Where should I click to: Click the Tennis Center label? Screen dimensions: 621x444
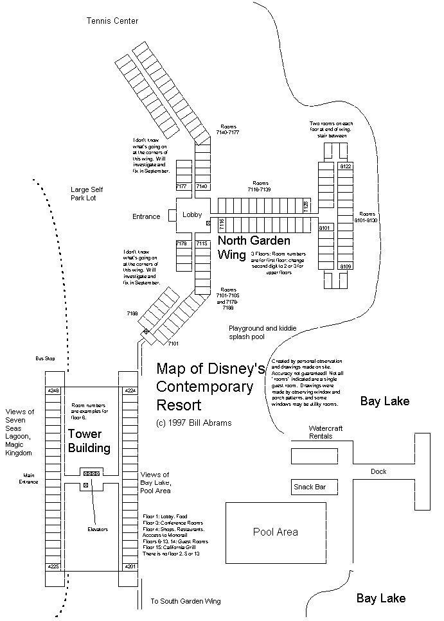112,21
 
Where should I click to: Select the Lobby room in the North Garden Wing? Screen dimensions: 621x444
191,214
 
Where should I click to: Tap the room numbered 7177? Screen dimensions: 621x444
183,186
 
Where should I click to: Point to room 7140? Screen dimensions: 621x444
202,186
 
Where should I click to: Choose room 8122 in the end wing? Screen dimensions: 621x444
346,166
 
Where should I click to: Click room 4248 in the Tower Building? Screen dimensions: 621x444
53,390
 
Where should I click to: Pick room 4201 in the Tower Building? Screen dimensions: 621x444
130,566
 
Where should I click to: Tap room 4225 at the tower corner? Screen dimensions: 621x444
53,566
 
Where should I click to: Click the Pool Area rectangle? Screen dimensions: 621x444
275,532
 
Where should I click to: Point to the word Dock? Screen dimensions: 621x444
378,471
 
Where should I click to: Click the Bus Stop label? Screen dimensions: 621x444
46,358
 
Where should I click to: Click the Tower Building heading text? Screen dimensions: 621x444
89,441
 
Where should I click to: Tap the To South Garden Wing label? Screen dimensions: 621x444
185,601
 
